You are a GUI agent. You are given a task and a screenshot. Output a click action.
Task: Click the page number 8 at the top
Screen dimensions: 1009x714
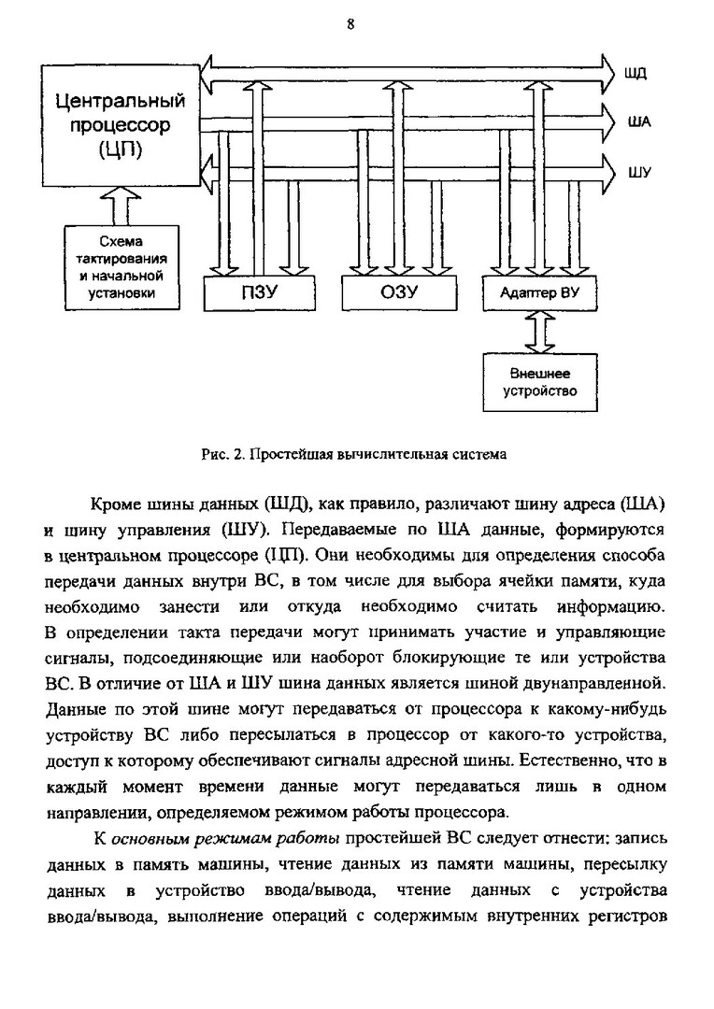coord(350,25)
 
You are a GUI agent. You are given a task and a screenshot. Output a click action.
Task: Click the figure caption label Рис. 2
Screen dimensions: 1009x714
coord(222,455)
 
